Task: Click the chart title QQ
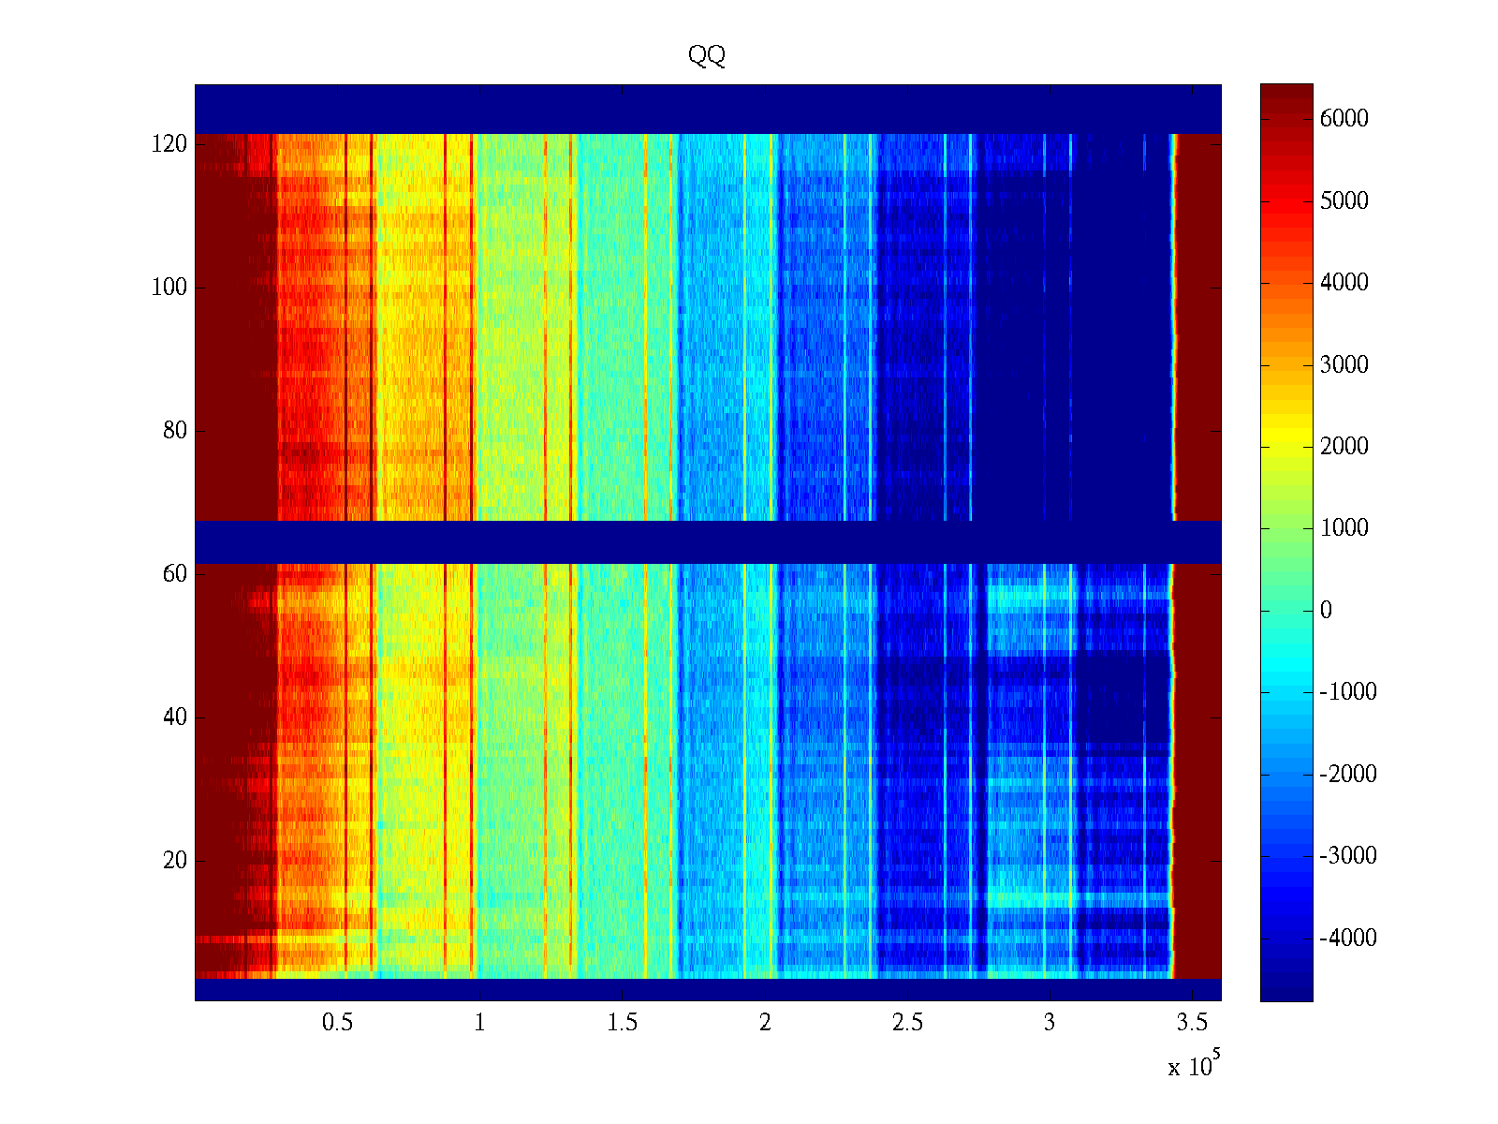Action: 707,56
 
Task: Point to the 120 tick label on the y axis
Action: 169,144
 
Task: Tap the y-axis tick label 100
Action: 169,288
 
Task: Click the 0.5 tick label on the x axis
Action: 337,1023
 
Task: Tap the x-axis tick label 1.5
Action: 622,1023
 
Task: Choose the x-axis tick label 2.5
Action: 906,1023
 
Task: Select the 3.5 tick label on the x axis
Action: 1191,1023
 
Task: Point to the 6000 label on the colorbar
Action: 1344,118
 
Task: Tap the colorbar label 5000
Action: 1344,200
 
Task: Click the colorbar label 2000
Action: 1344,446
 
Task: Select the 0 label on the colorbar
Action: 1326,611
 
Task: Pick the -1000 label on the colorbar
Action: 1347,692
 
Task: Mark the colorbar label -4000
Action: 1347,938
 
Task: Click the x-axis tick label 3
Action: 1050,1023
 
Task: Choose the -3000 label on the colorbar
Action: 1347,856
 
